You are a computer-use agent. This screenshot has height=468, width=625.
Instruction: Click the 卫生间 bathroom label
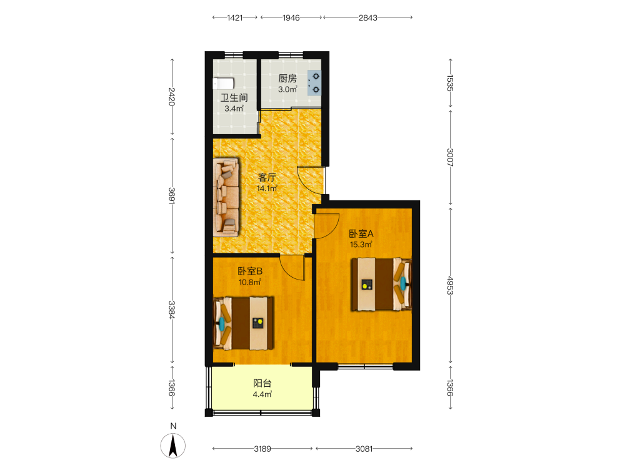(234, 97)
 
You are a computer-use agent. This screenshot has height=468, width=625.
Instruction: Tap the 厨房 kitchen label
(287, 79)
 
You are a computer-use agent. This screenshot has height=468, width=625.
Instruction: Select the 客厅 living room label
(267, 177)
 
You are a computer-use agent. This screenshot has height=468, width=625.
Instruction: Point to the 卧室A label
(361, 233)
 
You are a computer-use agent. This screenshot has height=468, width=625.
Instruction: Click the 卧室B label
(250, 271)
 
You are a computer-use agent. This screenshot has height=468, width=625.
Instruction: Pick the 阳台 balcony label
(262, 383)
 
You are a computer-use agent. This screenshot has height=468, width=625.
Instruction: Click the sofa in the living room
(226, 197)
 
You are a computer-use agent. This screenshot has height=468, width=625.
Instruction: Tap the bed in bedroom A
(381, 284)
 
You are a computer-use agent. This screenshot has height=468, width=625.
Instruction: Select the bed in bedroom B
(243, 323)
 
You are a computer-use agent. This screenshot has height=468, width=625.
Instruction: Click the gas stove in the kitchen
(314, 83)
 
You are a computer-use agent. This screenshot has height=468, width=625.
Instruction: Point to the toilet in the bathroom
(223, 84)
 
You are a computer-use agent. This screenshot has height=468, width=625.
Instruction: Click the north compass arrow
(173, 446)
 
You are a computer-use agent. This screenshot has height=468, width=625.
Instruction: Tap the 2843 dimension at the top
(367, 17)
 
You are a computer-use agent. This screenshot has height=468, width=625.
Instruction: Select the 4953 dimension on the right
(450, 285)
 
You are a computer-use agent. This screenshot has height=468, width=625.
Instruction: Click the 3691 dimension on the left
(172, 196)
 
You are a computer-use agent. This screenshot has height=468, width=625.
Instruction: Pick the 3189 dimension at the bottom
(262, 449)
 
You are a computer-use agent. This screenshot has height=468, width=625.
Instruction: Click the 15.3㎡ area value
(361, 245)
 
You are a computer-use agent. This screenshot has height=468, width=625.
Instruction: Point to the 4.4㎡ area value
(262, 394)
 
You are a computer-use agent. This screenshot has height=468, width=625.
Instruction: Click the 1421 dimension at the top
(235, 17)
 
